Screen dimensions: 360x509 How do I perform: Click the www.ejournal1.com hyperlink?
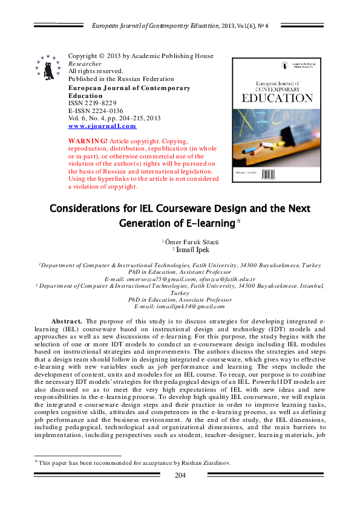(102, 126)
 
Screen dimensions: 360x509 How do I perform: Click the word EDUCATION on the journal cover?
(277, 98)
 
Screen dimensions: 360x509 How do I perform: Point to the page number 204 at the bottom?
(180, 475)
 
